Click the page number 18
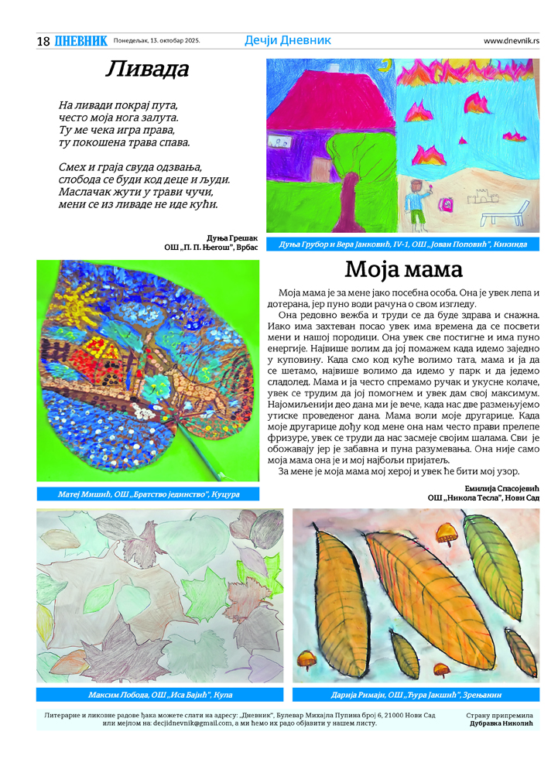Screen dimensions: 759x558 pos(43,41)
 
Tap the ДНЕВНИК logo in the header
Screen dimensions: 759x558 pos(80,41)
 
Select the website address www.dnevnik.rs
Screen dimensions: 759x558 pos(512,41)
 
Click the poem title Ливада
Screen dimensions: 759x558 pos(147,70)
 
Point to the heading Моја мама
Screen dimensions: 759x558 pos(403,270)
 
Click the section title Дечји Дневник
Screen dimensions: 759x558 pos(287,40)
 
